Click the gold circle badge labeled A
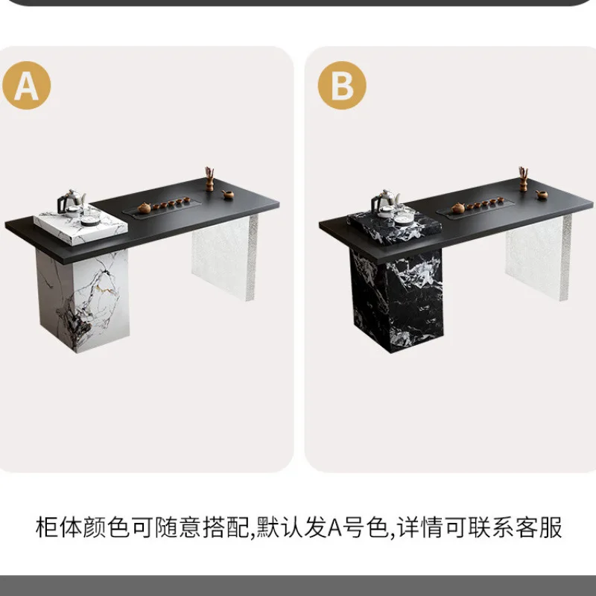pos(27,86)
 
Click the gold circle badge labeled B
pos(342,86)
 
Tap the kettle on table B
pos(385,199)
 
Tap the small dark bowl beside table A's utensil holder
pos(228,195)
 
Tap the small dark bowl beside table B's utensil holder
pos(542,195)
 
